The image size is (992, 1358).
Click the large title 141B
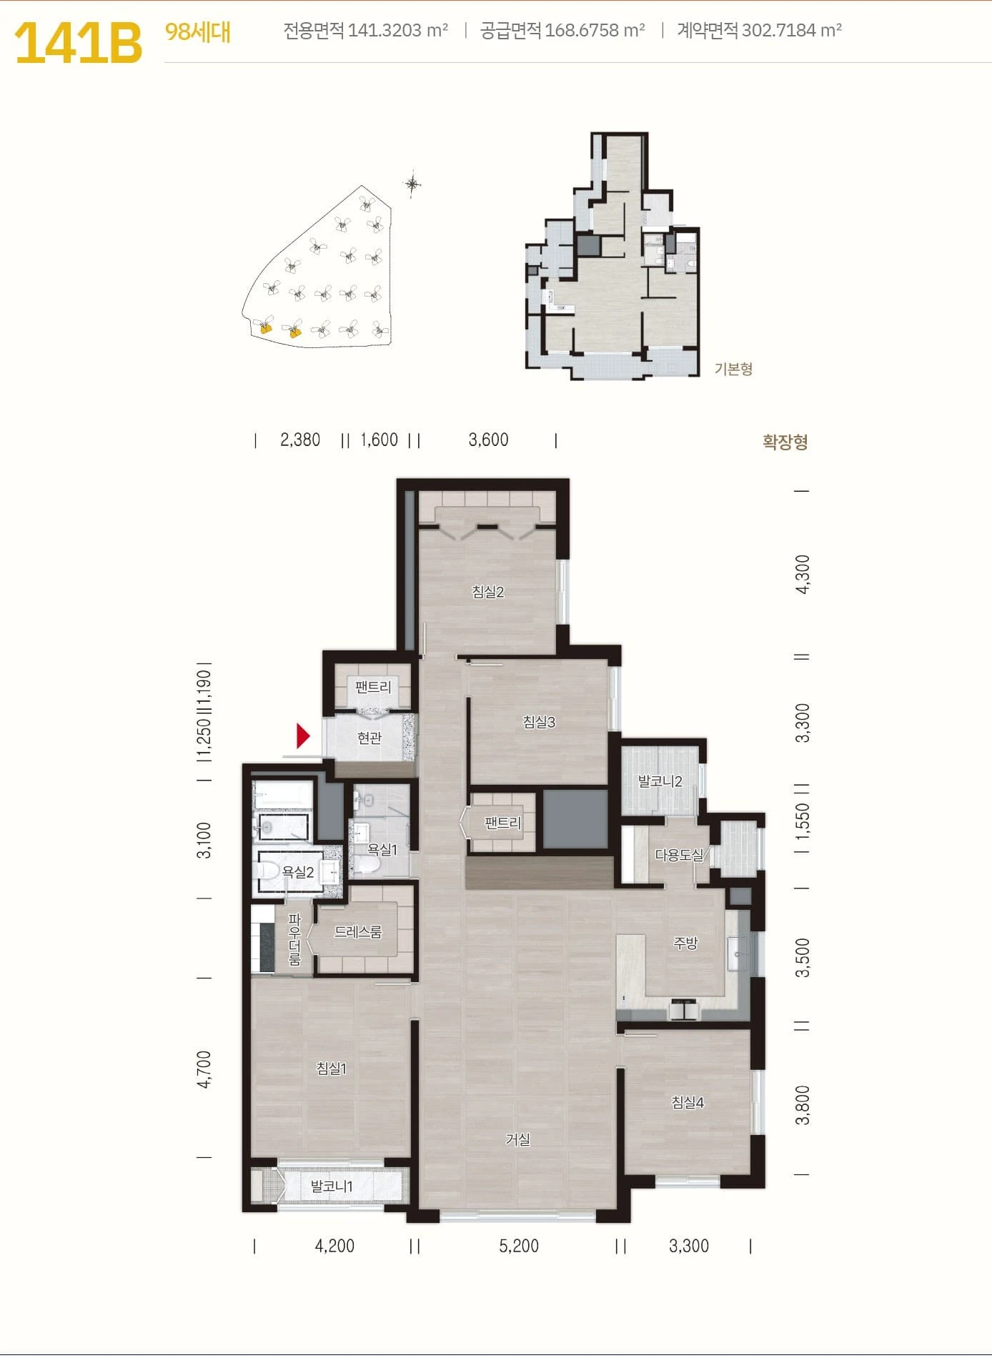coord(78,43)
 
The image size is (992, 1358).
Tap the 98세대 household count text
coord(197,32)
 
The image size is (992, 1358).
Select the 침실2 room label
coord(488,592)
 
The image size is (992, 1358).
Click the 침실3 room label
coord(539,722)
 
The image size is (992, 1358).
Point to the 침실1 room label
coord(332,1069)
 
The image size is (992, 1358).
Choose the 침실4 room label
coord(688,1102)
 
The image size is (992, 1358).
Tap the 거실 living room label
coord(517,1139)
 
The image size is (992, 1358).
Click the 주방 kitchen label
coord(685,943)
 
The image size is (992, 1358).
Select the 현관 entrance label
coord(369,738)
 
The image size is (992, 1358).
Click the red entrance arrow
coord(303,735)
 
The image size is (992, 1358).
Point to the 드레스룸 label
coord(358,932)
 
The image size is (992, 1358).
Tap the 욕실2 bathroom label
coord(298,872)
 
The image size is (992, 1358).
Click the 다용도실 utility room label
coord(679,855)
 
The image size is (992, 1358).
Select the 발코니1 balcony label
coord(332,1186)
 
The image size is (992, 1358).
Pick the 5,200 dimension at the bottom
coord(519,1246)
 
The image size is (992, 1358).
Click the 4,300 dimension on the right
coord(803,574)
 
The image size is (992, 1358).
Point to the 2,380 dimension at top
coord(300,440)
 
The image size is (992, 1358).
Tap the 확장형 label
coord(785,442)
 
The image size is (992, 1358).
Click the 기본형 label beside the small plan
coord(733,369)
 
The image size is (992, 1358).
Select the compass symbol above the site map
coord(412,184)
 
